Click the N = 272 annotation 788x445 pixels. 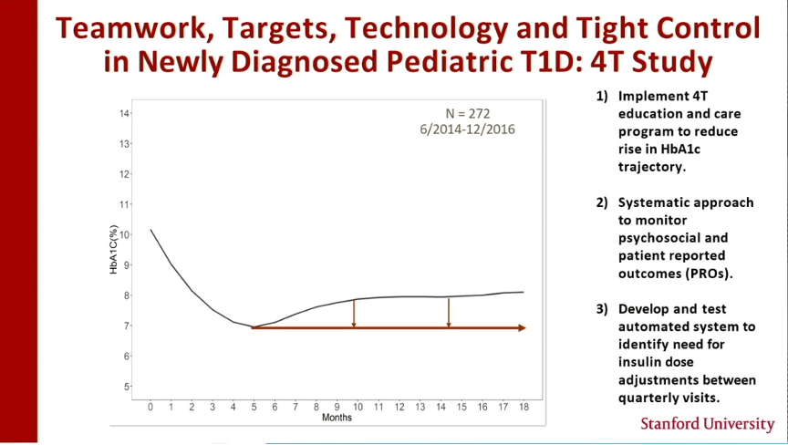pyautogui.click(x=467, y=113)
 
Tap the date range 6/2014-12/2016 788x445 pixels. pyautogui.click(x=467, y=129)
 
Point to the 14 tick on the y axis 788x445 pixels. pyautogui.click(x=124, y=113)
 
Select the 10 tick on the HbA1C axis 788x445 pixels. pyautogui.click(x=124, y=235)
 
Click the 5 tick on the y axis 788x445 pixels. pyautogui.click(x=126, y=387)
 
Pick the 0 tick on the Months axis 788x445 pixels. pyautogui.click(x=150, y=407)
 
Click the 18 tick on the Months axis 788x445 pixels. pyautogui.click(x=524, y=407)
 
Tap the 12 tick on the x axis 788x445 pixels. pyautogui.click(x=399, y=407)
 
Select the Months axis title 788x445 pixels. pyautogui.click(x=337, y=418)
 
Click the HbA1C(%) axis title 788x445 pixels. pyautogui.click(x=114, y=250)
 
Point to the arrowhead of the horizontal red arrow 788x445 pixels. pyautogui.click(x=522, y=328)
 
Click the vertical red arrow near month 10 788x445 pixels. pyautogui.click(x=354, y=314)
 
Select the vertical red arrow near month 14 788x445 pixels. pyautogui.click(x=449, y=313)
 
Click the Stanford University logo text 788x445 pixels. pyautogui.click(x=708, y=424)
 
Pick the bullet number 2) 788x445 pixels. pyautogui.click(x=602, y=203)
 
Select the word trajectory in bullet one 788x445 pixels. pyautogui.click(x=652, y=167)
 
